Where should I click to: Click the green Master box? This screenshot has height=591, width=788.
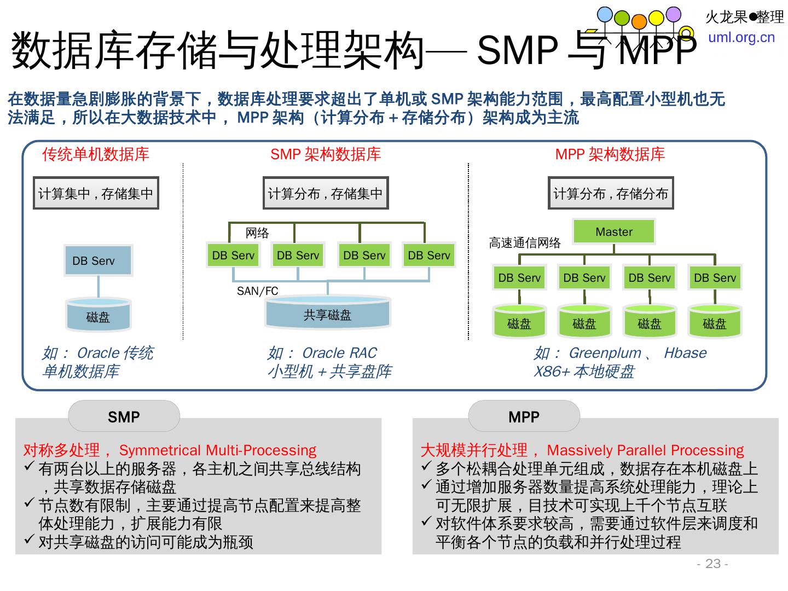point(613,232)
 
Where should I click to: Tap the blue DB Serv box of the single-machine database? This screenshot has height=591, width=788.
point(98,261)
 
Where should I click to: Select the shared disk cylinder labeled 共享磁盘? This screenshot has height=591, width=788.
point(327,315)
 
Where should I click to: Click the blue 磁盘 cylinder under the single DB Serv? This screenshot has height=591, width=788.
point(98,316)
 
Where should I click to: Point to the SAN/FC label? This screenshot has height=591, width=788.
point(257,291)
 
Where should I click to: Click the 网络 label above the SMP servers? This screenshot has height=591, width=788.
point(257,233)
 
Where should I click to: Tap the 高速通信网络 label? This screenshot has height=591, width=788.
point(525,243)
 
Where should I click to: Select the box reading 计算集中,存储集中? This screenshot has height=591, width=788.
point(96,193)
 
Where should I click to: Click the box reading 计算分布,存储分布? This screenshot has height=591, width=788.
point(611,193)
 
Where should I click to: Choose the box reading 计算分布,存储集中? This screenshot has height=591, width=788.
point(326,193)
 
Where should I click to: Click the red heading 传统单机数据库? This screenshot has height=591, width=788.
point(96,154)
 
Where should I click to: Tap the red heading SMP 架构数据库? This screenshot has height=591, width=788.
point(326,154)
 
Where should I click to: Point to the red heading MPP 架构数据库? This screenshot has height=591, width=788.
point(610,154)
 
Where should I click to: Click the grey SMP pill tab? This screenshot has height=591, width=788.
point(124,417)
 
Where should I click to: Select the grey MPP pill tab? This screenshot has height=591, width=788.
point(524,417)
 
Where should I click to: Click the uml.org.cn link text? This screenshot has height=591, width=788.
point(741,37)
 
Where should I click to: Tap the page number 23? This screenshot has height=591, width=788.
point(712,564)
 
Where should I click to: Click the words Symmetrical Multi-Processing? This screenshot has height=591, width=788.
point(217,450)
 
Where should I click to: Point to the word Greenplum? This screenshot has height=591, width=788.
point(605,353)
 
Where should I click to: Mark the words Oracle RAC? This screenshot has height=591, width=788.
point(339,353)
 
